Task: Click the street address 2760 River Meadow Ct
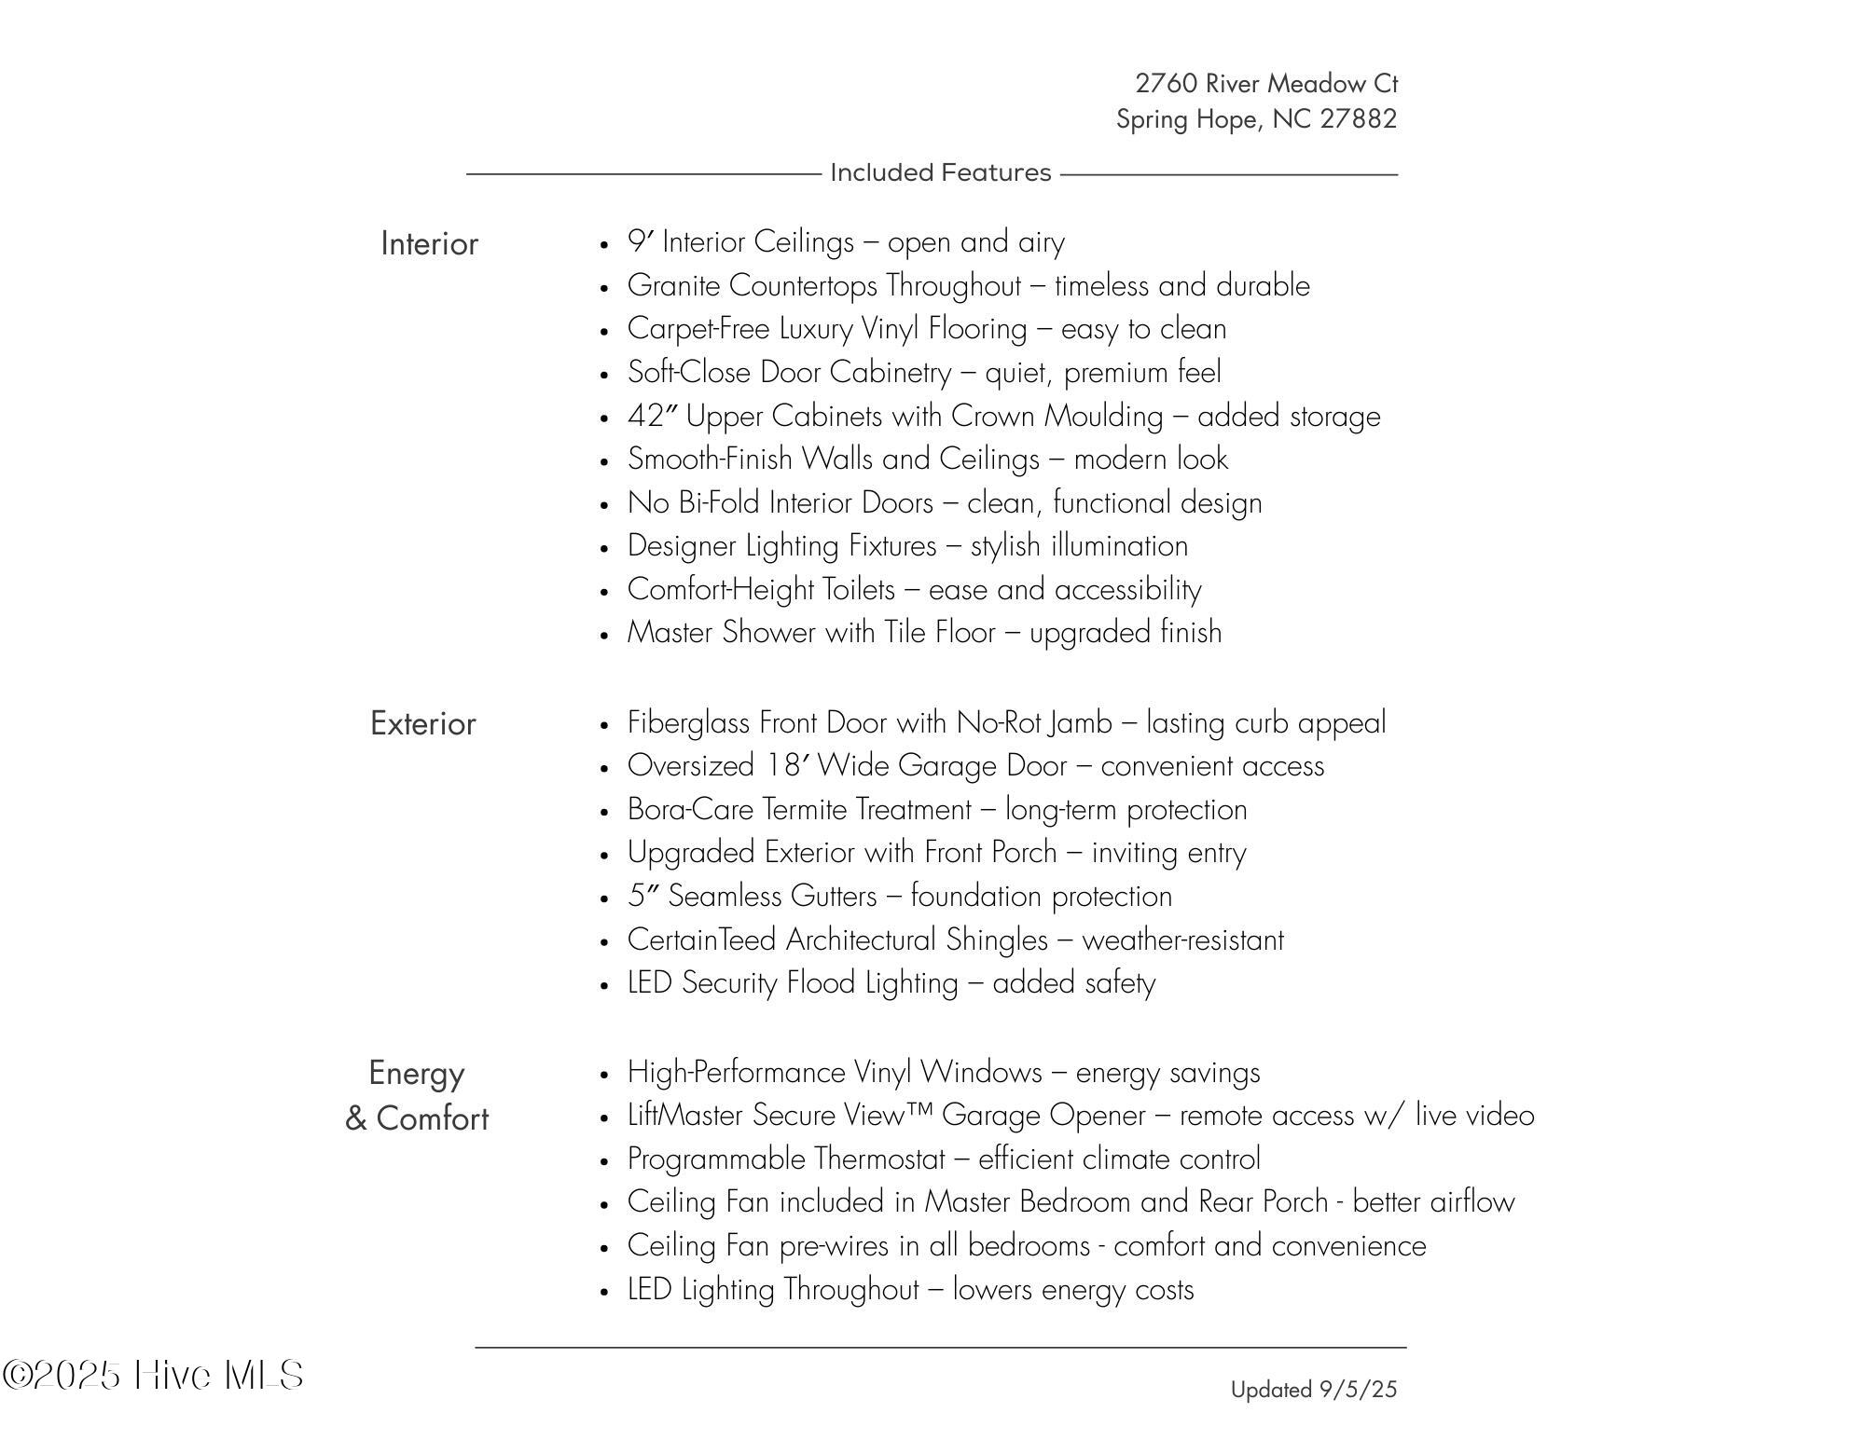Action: pyautogui.click(x=1265, y=84)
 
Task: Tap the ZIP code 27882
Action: pyautogui.click(x=1358, y=119)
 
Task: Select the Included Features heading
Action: pyautogui.click(x=940, y=173)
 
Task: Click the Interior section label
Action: pyautogui.click(x=429, y=244)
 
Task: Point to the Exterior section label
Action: pyautogui.click(x=422, y=724)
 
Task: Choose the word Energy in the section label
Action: pyautogui.click(x=416, y=1074)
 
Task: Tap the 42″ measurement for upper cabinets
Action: pyautogui.click(x=652, y=416)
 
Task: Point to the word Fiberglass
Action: pyautogui.click(x=689, y=723)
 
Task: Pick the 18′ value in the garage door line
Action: pyautogui.click(x=786, y=766)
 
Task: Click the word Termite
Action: pyautogui.click(x=805, y=810)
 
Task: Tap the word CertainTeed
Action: pyautogui.click(x=701, y=939)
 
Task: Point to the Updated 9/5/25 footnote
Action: pyautogui.click(x=1313, y=1390)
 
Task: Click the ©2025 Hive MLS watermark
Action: pyautogui.click(x=153, y=1376)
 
